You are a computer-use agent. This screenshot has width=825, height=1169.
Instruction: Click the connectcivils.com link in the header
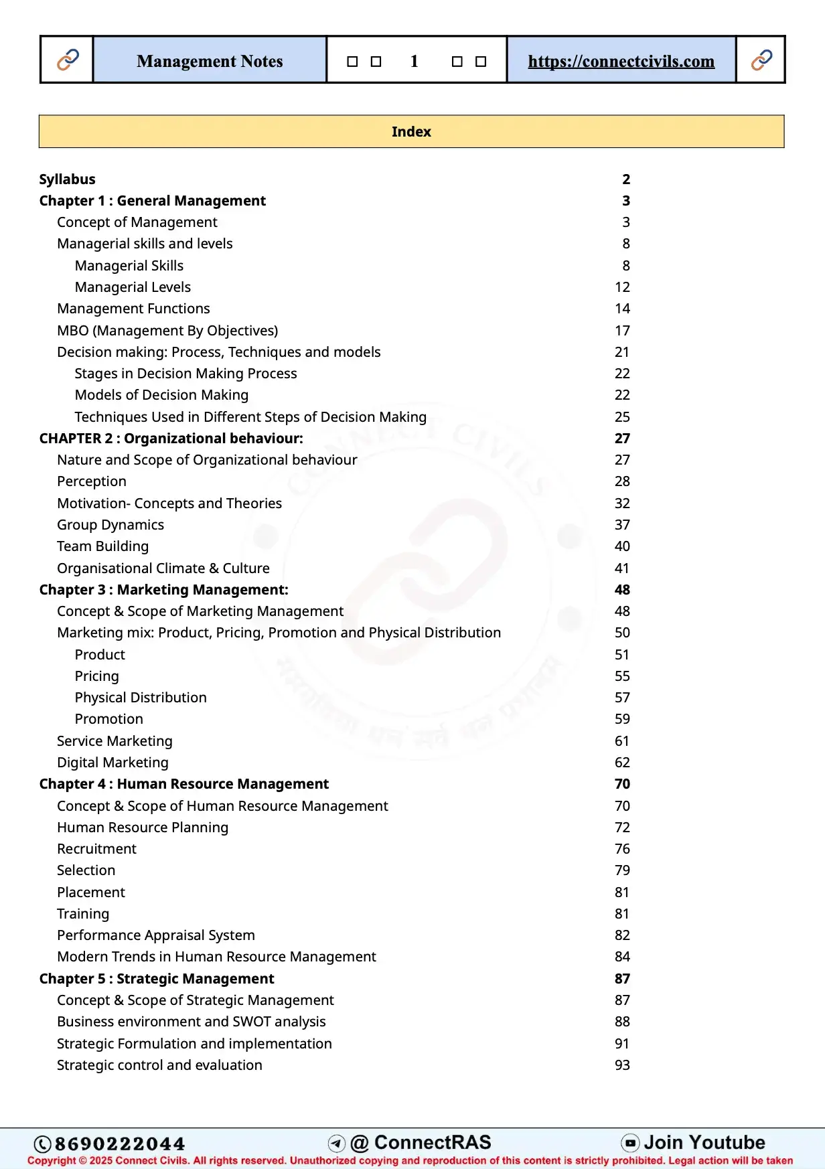click(x=621, y=61)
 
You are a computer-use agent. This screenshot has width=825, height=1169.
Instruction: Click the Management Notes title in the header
click(x=210, y=61)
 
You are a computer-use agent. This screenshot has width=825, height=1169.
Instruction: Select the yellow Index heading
click(x=411, y=131)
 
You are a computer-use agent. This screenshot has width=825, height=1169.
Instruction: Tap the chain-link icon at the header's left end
click(x=68, y=60)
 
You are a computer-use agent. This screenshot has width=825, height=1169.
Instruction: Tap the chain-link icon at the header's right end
click(x=761, y=60)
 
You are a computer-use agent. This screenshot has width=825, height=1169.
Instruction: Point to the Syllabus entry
click(x=67, y=179)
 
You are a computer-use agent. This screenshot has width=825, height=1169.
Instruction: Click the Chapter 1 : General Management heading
click(x=152, y=201)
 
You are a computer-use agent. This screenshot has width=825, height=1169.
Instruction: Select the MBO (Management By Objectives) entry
click(x=167, y=330)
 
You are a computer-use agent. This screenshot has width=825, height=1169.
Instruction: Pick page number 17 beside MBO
click(x=622, y=330)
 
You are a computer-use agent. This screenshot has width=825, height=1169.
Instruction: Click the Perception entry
click(x=92, y=481)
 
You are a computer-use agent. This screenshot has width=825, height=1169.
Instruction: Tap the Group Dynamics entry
click(x=110, y=525)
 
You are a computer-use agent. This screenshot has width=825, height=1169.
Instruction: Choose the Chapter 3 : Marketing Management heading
click(x=163, y=590)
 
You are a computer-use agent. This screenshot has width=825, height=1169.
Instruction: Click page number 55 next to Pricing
click(x=622, y=676)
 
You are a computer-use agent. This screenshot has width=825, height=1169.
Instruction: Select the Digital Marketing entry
click(x=112, y=763)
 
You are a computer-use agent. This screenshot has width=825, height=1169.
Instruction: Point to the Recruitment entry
click(x=96, y=849)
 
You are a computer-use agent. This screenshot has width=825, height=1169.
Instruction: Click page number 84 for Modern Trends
click(x=622, y=957)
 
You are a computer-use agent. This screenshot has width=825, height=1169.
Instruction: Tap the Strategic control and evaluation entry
click(x=159, y=1065)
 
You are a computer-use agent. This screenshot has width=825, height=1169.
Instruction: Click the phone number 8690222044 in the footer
click(x=119, y=1144)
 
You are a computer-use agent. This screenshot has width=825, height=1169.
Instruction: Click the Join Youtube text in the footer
click(x=704, y=1142)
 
